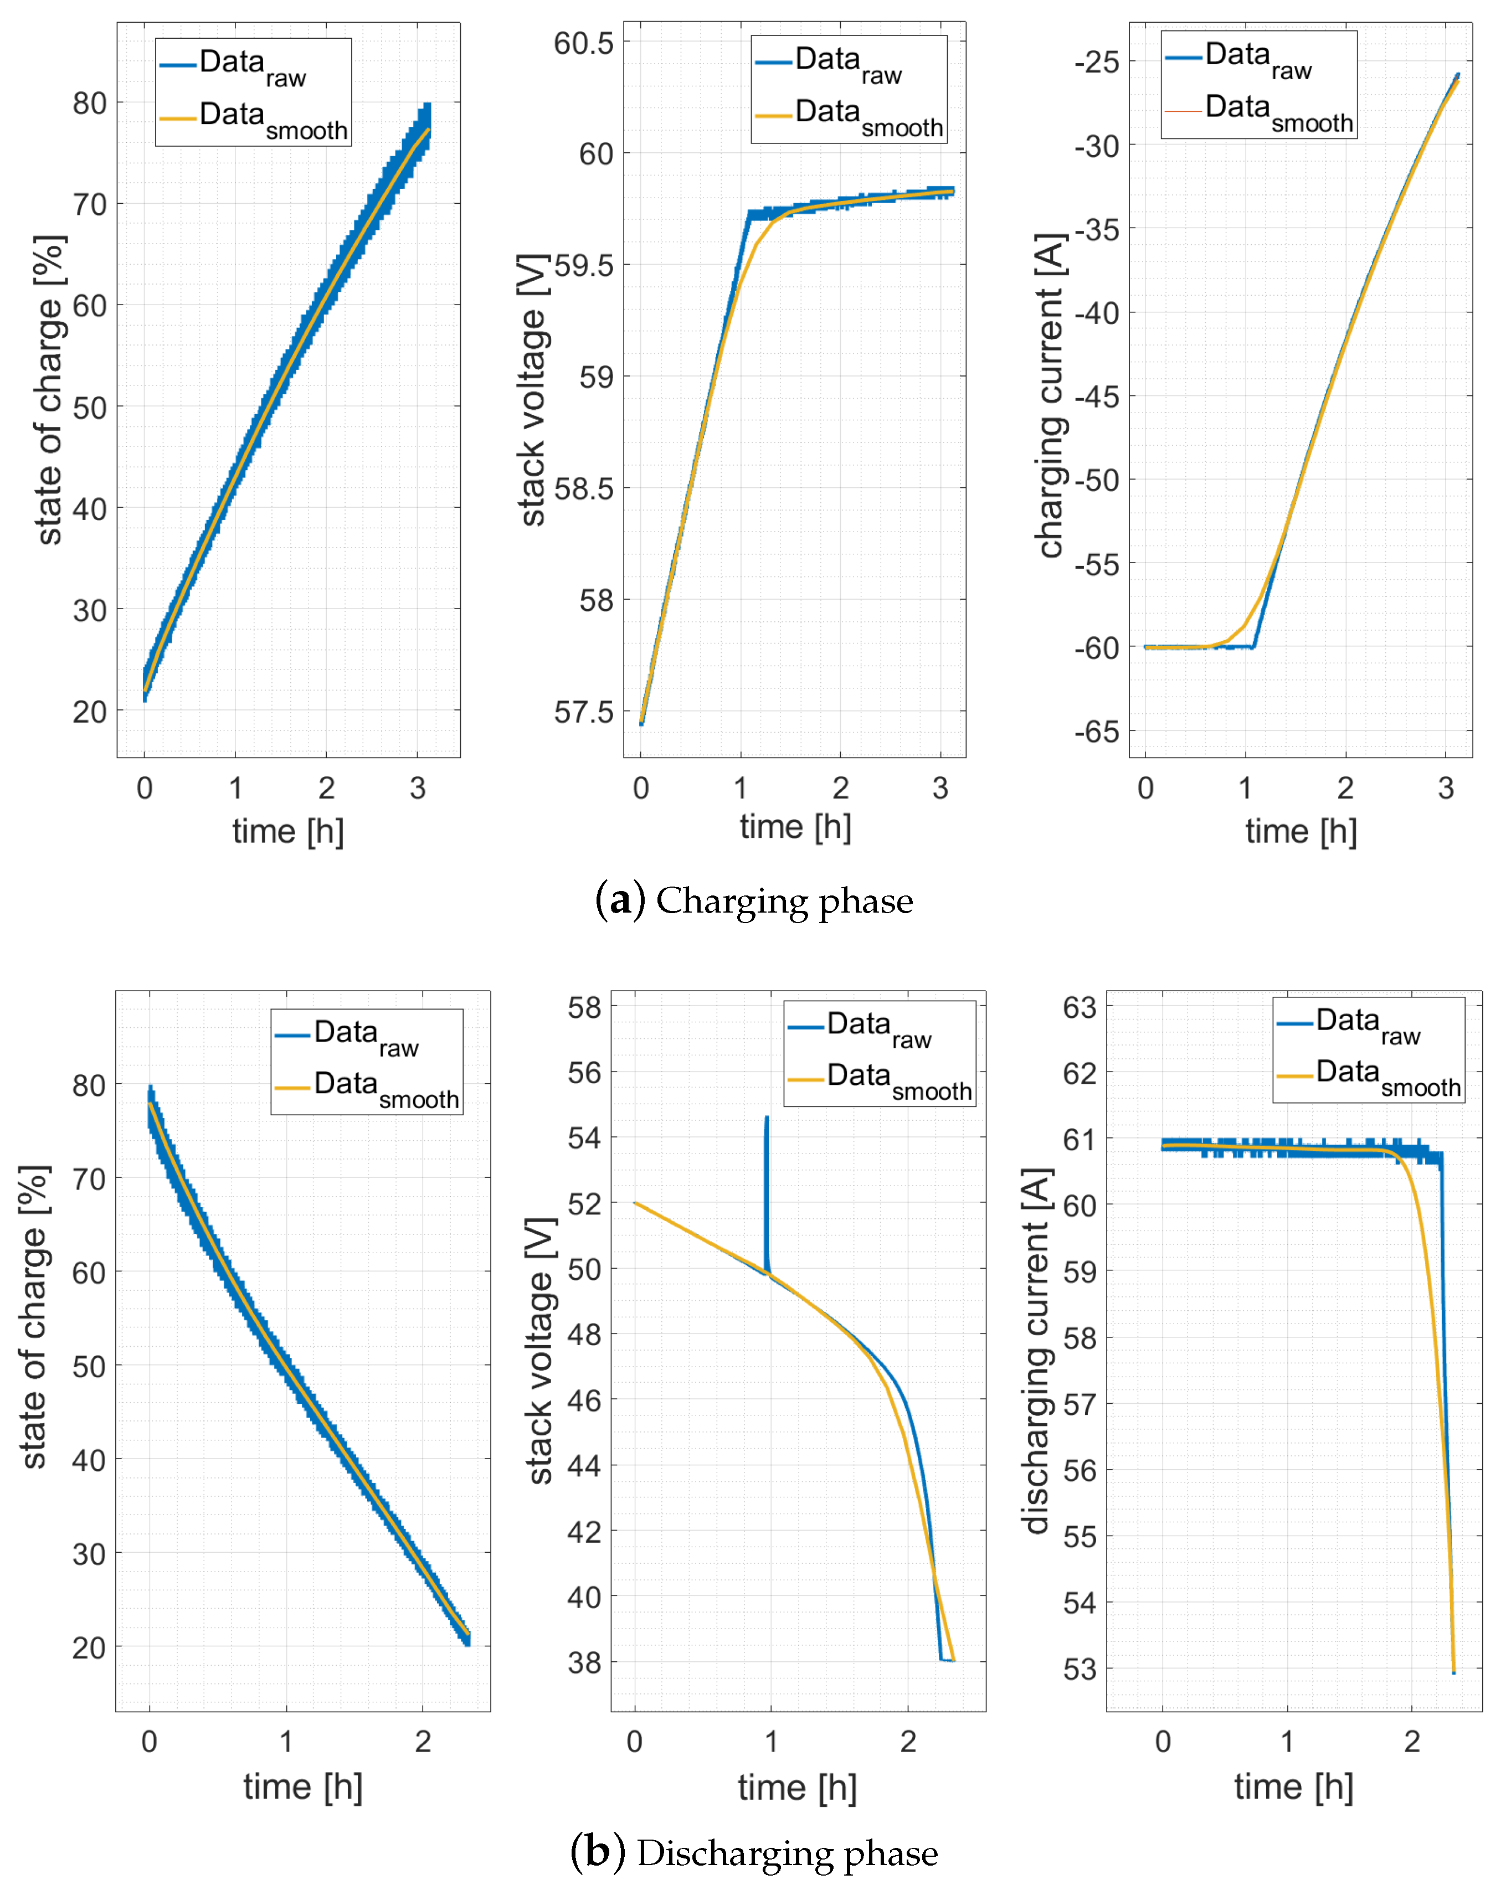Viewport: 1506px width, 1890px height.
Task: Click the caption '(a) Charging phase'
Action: tap(754, 901)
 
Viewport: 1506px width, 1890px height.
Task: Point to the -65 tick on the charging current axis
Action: tap(1097, 731)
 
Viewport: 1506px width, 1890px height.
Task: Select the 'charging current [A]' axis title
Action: tap(1050, 394)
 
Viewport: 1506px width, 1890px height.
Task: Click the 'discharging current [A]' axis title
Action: tap(1036, 1351)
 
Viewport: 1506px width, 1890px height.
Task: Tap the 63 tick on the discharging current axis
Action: tap(1080, 1007)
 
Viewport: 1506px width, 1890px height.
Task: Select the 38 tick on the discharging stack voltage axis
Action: tap(585, 1662)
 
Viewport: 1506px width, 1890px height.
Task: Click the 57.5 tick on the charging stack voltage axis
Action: tap(584, 712)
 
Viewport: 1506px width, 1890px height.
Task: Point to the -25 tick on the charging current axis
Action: tap(1097, 62)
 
